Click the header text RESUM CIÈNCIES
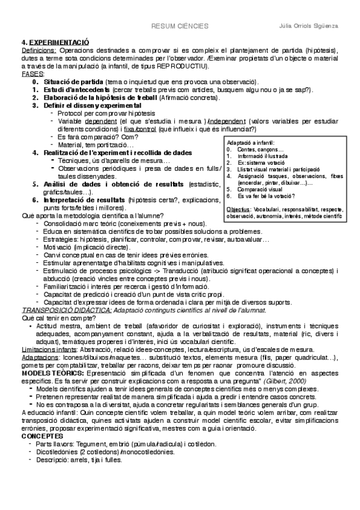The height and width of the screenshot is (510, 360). [x=179, y=26]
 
